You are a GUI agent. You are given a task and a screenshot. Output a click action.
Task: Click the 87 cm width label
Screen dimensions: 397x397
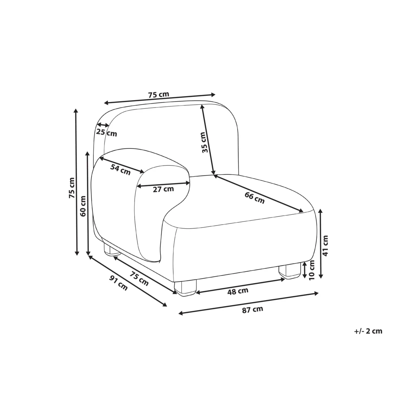point(252,309)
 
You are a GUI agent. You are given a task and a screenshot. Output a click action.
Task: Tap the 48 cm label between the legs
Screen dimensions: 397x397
point(237,291)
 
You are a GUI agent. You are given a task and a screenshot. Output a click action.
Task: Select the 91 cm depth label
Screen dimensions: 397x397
point(118,283)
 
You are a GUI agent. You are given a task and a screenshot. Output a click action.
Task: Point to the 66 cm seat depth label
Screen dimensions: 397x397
point(254,198)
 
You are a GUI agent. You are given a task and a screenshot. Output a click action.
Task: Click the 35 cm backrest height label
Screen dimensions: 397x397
point(205,142)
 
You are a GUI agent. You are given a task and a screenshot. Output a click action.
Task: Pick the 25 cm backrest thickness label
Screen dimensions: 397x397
point(106,132)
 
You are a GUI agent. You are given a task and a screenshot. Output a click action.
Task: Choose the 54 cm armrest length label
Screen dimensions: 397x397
point(121,170)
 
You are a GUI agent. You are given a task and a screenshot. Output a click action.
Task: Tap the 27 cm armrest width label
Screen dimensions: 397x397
point(163,189)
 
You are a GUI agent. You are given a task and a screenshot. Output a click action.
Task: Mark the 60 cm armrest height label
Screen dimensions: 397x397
point(83,206)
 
